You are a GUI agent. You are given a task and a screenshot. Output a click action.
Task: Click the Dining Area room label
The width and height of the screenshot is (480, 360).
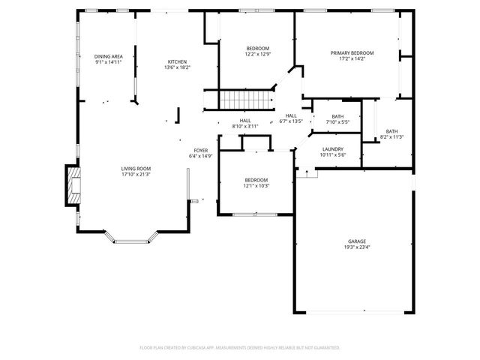pyautogui.click(x=109, y=57)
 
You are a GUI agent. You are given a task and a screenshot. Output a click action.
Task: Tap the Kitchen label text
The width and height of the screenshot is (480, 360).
pyautogui.click(x=177, y=61)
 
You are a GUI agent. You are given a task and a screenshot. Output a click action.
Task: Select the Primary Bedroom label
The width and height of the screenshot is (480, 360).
pyautogui.click(x=352, y=53)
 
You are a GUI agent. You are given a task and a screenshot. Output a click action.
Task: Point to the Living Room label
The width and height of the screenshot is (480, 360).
pyautogui.click(x=136, y=169)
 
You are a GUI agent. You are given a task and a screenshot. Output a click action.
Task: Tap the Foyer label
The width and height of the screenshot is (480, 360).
pyautogui.click(x=201, y=151)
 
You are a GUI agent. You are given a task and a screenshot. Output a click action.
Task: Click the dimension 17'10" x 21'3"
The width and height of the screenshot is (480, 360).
pyautogui.click(x=136, y=175)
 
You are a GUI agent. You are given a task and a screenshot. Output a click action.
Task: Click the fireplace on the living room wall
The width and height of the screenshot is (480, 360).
pyautogui.click(x=72, y=185)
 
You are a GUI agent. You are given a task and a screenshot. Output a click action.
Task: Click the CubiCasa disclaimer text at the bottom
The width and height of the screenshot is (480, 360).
pyautogui.click(x=240, y=347)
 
